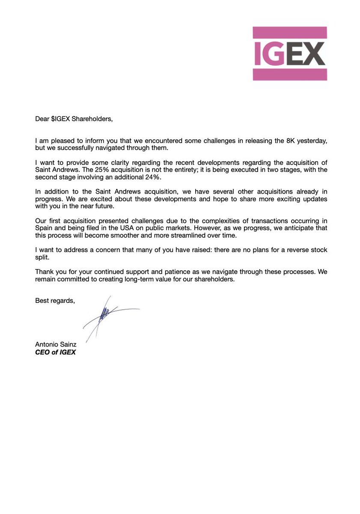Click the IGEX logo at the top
pyautogui.click(x=290, y=54)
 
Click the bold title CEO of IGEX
pyautogui.click(x=55, y=353)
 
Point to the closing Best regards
pyautogui.click(x=55, y=301)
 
